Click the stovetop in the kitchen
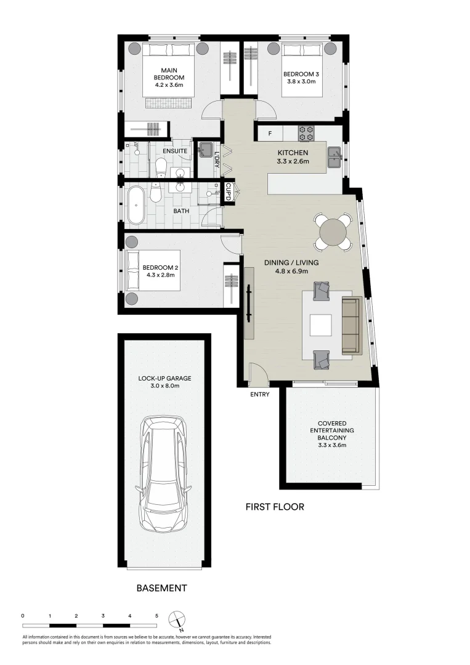pos(306,133)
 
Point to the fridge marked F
pos(270,134)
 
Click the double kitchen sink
pos(335,157)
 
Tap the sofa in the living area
pos(350,326)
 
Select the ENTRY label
pos(259,395)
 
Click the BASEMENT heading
pos(161,588)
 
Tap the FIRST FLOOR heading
pos(275,506)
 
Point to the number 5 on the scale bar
pos(156,615)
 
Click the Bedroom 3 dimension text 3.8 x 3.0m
pos(301,81)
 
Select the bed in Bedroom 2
pos(153,270)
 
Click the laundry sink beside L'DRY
pos(206,149)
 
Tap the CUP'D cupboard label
pos(228,191)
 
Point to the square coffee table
pos(321,325)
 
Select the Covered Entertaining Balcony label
pos(332,434)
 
